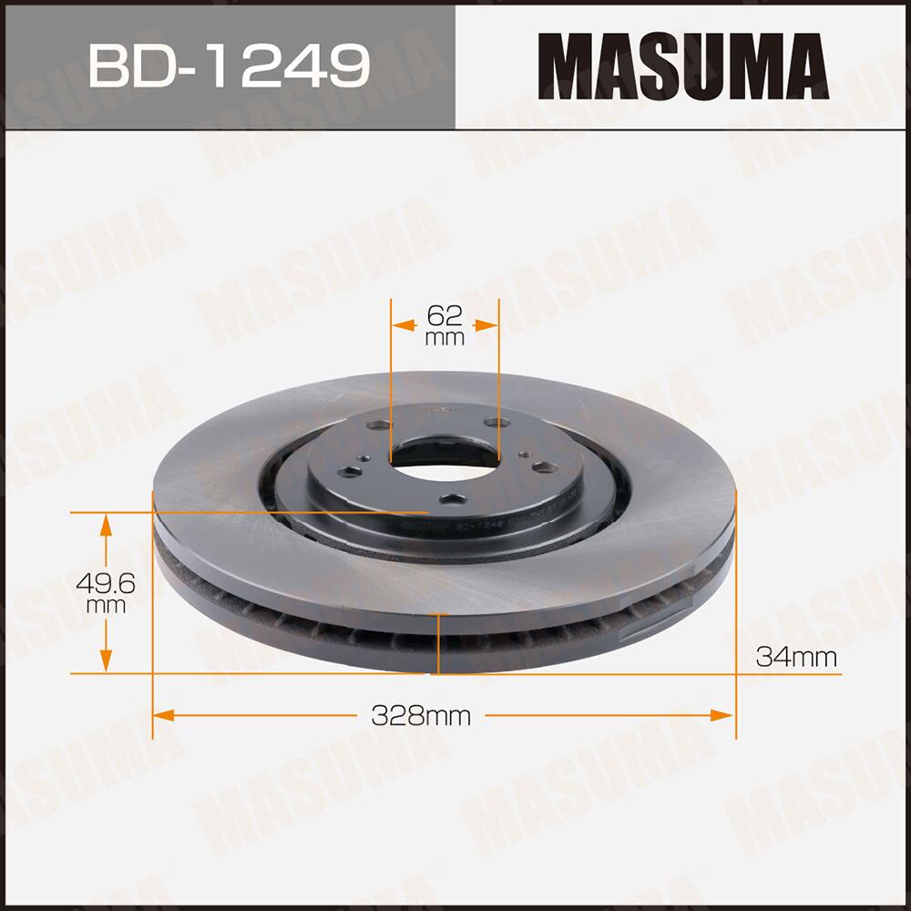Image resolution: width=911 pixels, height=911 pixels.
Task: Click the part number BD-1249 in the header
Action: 229,65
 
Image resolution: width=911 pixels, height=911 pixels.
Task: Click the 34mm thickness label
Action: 795,657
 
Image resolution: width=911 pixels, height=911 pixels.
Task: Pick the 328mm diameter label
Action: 421,716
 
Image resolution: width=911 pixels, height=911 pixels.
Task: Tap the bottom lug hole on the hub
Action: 452,499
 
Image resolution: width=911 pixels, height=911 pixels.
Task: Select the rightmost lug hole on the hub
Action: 543,467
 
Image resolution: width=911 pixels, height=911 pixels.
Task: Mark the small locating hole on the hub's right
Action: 527,455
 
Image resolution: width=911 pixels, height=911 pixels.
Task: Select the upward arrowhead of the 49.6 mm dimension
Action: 107,522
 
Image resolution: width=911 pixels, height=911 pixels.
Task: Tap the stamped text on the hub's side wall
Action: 446,527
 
